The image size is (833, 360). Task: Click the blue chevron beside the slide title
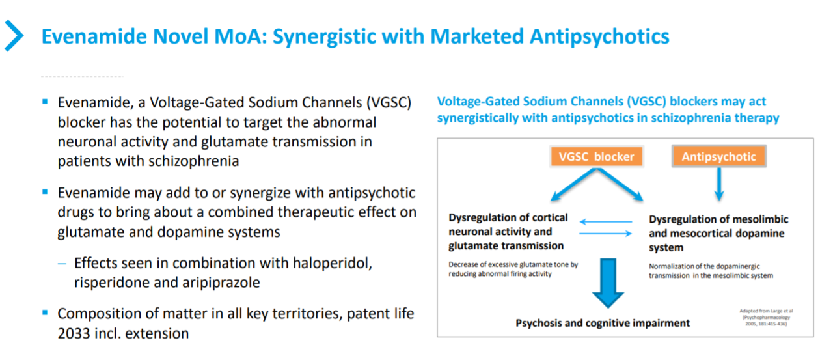click(x=14, y=36)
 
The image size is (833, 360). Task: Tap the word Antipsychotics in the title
click(x=599, y=37)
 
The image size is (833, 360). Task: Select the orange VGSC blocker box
click(x=597, y=157)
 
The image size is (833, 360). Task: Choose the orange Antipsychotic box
click(x=719, y=157)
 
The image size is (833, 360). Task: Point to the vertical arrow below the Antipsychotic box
click(x=719, y=184)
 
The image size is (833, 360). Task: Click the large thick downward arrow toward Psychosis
click(x=608, y=283)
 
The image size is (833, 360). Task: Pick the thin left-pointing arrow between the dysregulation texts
click(x=606, y=221)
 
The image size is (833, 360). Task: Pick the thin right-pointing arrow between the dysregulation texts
click(x=606, y=234)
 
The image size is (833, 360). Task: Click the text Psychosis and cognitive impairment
click(x=603, y=323)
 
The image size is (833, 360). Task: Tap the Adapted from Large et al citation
click(x=766, y=317)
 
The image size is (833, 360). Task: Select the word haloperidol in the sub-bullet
click(x=332, y=263)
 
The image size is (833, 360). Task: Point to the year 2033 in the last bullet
click(x=74, y=333)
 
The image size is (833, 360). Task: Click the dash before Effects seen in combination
click(x=62, y=264)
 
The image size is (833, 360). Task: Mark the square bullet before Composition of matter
click(x=45, y=312)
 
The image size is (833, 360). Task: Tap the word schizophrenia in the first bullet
click(x=193, y=161)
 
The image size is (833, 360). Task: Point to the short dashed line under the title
click(x=82, y=77)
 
